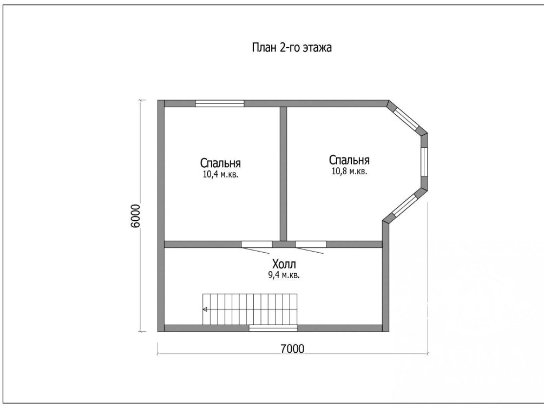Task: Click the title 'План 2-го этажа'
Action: [x=291, y=48]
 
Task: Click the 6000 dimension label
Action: [x=135, y=216]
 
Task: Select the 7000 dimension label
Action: [x=292, y=348]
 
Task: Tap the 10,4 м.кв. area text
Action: [x=220, y=174]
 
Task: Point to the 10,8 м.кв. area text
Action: [x=349, y=172]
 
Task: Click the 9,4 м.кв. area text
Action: [x=281, y=275]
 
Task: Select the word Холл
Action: [x=284, y=265]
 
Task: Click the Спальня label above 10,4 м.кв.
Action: [x=220, y=163]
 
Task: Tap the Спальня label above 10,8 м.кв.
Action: [x=349, y=160]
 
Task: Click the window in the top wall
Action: [x=220, y=103]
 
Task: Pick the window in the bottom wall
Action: [x=273, y=328]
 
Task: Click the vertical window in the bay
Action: [x=424, y=162]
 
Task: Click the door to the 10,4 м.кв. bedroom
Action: [x=257, y=247]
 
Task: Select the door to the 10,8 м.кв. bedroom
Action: [x=311, y=247]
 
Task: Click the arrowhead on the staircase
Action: [x=205, y=309]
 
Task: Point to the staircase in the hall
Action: [x=250, y=309]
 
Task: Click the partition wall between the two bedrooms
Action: [x=284, y=174]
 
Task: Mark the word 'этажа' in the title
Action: [x=317, y=48]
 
